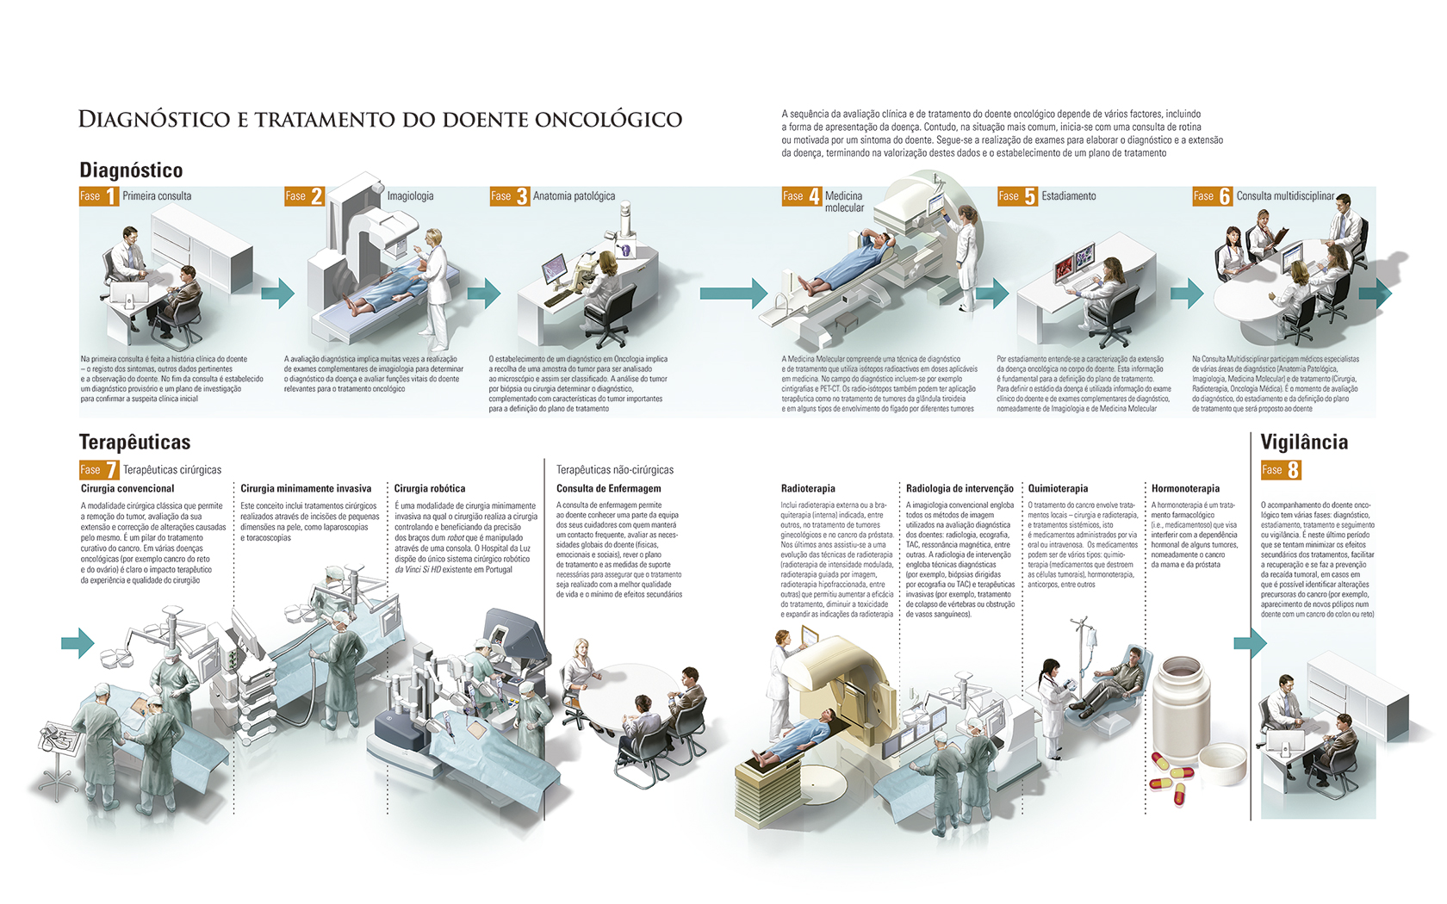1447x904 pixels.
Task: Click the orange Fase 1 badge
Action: [98, 196]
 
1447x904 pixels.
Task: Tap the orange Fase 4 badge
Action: [801, 196]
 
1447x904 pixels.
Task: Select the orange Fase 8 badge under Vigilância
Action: [1280, 470]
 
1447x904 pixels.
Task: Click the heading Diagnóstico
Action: [131, 170]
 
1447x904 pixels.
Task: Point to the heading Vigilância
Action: [1304, 443]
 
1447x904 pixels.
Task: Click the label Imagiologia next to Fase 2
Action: [410, 196]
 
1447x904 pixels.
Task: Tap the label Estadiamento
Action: [1068, 196]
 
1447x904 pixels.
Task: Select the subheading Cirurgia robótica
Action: [429, 488]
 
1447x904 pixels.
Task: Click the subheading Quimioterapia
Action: [1058, 488]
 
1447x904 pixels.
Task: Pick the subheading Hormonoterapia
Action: [1185, 488]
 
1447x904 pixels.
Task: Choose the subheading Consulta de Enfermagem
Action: [608, 488]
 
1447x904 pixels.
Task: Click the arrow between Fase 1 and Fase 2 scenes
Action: [277, 293]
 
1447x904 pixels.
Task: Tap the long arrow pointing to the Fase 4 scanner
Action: [732, 294]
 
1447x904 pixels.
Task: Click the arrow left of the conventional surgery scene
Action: [78, 642]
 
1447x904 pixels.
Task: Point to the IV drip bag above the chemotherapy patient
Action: [1090, 638]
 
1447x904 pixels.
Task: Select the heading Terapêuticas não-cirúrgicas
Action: [614, 470]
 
